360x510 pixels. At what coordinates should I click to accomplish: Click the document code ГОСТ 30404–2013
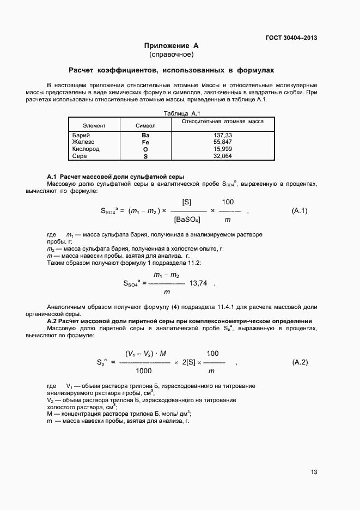coord(291,38)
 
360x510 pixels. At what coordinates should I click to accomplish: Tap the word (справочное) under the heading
coord(171,54)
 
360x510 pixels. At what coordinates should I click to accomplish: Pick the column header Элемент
coord(94,126)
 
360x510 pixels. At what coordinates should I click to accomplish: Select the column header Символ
coord(145,126)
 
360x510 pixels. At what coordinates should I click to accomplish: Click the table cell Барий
coord(81,135)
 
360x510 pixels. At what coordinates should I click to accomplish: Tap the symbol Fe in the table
coord(145,142)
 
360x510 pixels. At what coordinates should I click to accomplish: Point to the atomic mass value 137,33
coord(223,135)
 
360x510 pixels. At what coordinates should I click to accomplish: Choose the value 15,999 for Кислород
coord(223,149)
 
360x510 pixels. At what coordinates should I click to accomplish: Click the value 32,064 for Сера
coord(223,156)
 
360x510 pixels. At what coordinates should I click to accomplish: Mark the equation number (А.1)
coord(300,210)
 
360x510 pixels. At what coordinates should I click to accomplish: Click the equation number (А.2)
coord(300,362)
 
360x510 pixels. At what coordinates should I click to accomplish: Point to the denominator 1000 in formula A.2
coord(144,371)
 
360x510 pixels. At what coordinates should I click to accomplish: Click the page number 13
coord(314,472)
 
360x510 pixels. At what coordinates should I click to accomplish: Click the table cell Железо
coord(83,142)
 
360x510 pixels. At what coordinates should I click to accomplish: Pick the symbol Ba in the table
coord(145,135)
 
